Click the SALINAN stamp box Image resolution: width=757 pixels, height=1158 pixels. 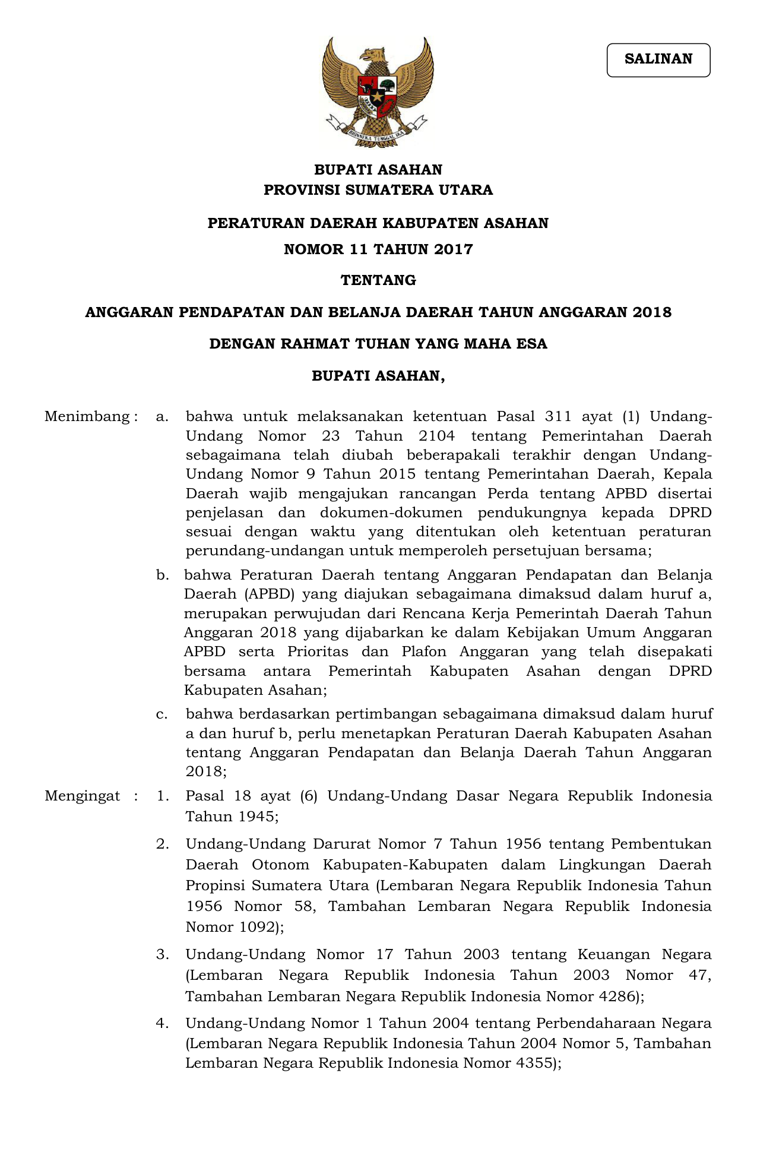point(658,60)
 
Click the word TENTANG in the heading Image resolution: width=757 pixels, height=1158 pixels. point(378,280)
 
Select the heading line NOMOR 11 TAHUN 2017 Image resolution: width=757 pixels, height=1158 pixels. point(378,249)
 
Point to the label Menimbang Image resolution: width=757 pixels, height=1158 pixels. point(87,417)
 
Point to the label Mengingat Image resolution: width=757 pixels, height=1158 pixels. point(83,796)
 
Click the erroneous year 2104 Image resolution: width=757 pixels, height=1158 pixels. point(436,436)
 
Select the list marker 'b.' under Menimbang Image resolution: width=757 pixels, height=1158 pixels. point(162,575)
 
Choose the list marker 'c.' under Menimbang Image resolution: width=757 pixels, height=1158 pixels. point(162,714)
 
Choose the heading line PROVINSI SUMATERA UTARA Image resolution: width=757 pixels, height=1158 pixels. point(378,190)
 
